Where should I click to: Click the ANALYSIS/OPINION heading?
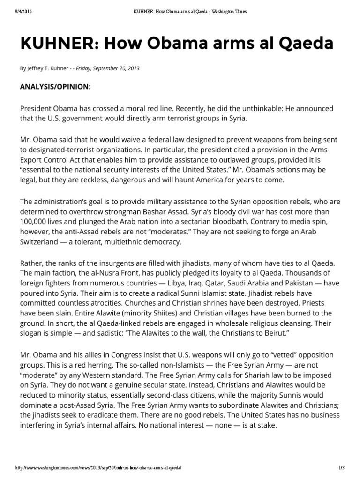click(55, 87)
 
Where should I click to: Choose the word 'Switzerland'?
click(40, 242)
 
